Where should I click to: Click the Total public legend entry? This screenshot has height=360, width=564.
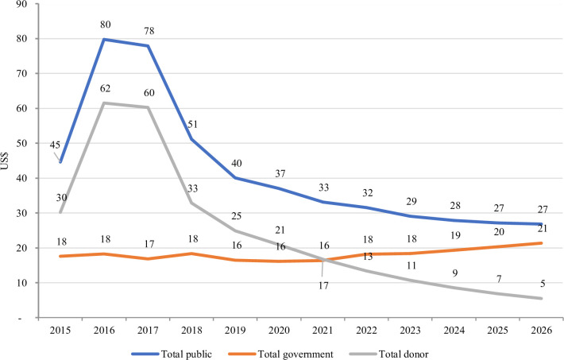172,354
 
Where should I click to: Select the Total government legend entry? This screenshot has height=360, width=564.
280,354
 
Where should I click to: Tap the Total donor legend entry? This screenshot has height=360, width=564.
388,354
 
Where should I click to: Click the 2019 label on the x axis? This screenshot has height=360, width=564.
236,330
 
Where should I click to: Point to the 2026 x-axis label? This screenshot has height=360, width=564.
541,330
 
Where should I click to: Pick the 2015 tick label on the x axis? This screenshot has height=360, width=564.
60,330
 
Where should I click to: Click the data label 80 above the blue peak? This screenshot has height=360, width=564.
106,25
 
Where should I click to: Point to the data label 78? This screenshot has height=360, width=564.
149,31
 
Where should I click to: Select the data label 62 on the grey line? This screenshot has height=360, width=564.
106,88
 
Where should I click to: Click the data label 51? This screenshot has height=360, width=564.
193,124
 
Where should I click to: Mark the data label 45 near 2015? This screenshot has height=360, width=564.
55,145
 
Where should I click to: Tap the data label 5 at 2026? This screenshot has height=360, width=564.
543,284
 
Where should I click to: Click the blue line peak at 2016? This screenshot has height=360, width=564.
104,39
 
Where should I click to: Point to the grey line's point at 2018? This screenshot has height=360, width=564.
191,203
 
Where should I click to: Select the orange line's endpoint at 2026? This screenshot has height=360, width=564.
541,243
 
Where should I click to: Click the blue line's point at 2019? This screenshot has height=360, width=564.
236,178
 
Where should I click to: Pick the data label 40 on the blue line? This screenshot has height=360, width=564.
236,163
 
